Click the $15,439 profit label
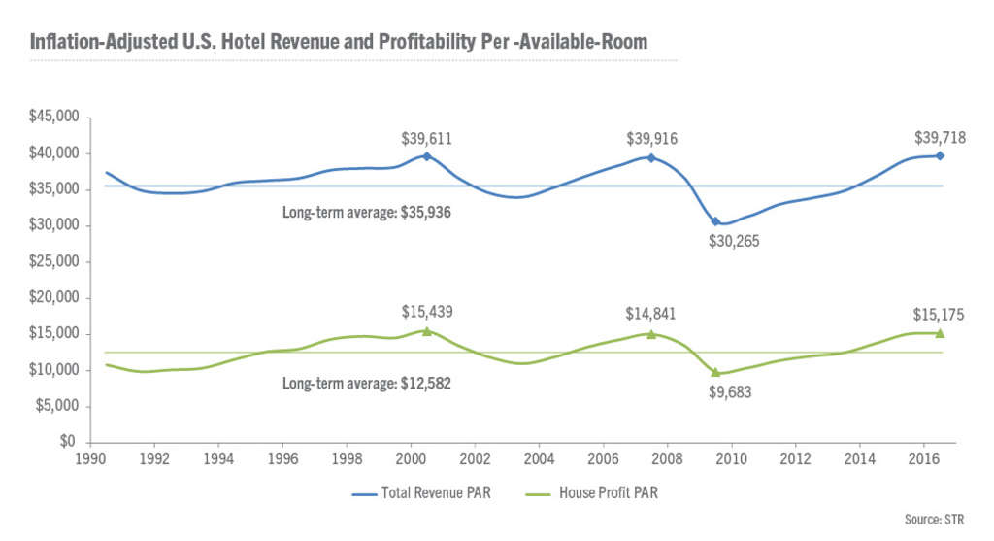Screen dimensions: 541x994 click(x=427, y=313)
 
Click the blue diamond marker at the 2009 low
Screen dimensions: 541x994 click(x=716, y=221)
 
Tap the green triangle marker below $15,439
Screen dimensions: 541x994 click(x=427, y=331)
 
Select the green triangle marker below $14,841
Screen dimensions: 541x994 click(x=651, y=334)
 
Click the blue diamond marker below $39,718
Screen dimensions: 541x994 click(x=940, y=155)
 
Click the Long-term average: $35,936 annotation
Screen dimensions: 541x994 click(x=366, y=211)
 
